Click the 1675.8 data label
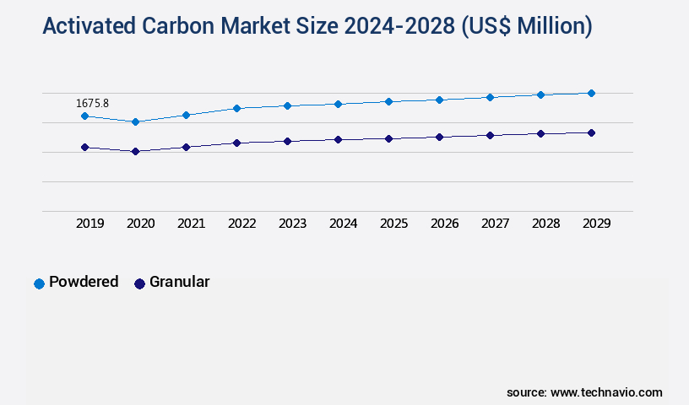(92, 103)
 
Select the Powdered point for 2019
(84, 116)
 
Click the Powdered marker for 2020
(135, 121)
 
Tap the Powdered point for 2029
(591, 93)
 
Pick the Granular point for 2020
(135, 151)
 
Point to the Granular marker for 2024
(338, 139)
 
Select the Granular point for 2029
(591, 132)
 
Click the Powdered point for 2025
(388, 101)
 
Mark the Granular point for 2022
(236, 143)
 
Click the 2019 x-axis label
(90, 224)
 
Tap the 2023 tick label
(293, 224)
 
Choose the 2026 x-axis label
(445, 224)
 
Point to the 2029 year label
(597, 224)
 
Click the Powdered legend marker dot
(39, 283)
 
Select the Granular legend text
(179, 282)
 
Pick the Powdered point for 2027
(490, 97)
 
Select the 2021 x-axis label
(192, 224)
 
